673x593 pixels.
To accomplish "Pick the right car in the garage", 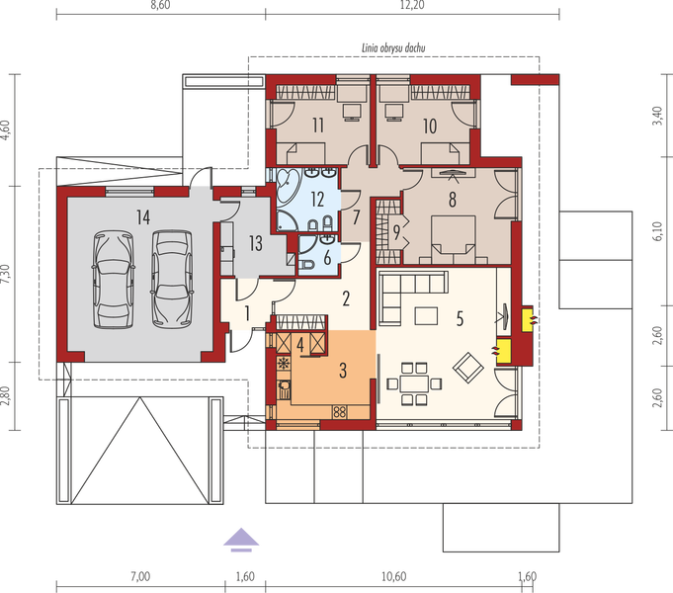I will click(168, 279).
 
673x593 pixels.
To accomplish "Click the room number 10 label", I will click(429, 126).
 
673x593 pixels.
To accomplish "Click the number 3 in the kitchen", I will click(343, 371).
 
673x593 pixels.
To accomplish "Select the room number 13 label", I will click(254, 244).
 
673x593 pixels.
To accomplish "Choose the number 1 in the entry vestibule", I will click(247, 313).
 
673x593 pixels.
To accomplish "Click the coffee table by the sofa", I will click(426, 316).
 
